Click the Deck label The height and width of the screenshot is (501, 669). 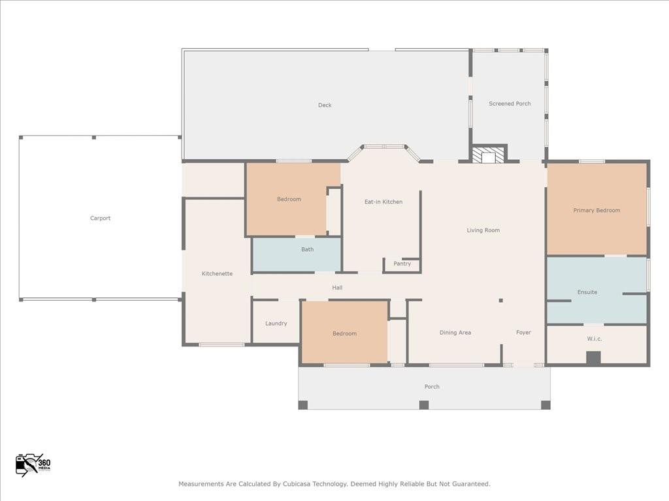point(325,105)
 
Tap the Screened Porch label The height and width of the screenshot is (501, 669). point(510,104)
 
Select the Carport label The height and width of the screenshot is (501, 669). point(100,218)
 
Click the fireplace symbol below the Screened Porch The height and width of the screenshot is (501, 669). point(489,155)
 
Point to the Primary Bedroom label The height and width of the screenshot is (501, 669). point(596,210)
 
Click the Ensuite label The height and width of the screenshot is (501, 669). point(587,292)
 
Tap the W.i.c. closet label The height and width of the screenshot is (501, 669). point(594,339)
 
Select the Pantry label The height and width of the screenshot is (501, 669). point(402,264)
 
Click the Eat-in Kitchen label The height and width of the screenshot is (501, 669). point(383,202)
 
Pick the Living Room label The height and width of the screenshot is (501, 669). point(483,230)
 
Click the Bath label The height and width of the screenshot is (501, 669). point(307,249)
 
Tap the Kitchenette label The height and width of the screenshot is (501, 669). point(217,273)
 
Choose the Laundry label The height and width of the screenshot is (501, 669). point(276,323)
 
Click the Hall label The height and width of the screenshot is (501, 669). point(337,288)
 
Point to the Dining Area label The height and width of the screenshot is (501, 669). point(455,333)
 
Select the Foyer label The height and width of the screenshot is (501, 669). point(523,333)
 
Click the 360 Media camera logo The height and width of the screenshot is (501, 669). point(33,464)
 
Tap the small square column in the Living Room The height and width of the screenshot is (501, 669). point(501,300)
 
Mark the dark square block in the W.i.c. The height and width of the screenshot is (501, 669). point(593,358)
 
